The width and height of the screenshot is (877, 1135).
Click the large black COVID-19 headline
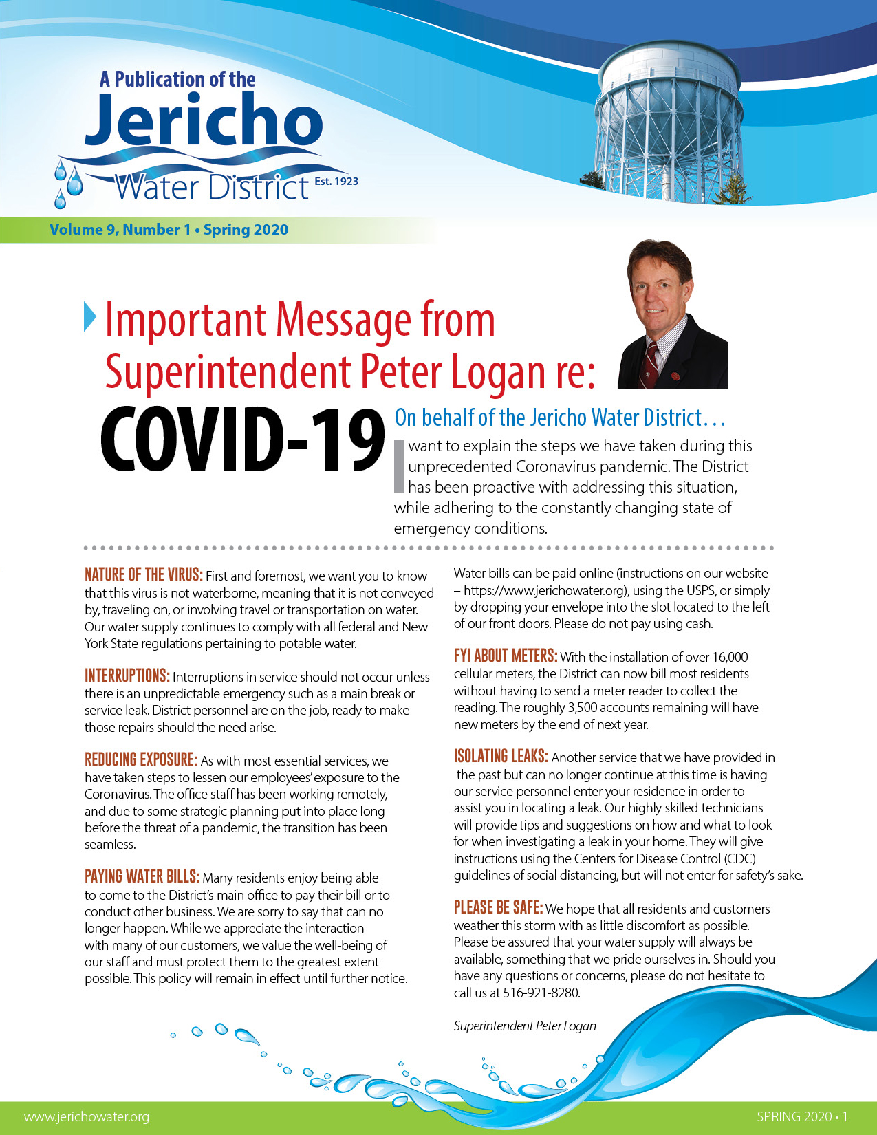pyautogui.click(x=242, y=440)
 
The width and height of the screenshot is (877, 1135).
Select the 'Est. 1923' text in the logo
pyautogui.click(x=336, y=182)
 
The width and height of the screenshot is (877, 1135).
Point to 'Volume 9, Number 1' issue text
pyautogui.click(x=120, y=230)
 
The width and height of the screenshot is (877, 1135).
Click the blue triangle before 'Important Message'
pyautogui.click(x=90, y=316)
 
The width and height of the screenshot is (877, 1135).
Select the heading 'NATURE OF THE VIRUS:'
pyautogui.click(x=143, y=575)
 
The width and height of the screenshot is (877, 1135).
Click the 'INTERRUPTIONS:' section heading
pyautogui.click(x=127, y=675)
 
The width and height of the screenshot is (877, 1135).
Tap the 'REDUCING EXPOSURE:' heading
pyautogui.click(x=140, y=759)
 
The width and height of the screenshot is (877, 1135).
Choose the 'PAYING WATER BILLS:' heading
pyautogui.click(x=142, y=877)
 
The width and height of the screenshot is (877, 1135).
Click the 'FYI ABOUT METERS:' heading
pyautogui.click(x=505, y=656)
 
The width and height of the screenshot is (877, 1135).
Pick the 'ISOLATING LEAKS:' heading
pyautogui.click(x=501, y=757)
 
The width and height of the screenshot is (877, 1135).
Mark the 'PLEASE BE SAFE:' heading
pyautogui.click(x=498, y=908)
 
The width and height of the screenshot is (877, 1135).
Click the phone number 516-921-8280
pyautogui.click(x=542, y=993)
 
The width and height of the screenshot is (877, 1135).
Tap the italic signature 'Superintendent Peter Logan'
pyautogui.click(x=525, y=1026)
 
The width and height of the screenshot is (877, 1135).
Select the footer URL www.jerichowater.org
pyautogui.click(x=86, y=1116)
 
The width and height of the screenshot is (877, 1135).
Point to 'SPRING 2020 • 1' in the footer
pyautogui.click(x=802, y=1116)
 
